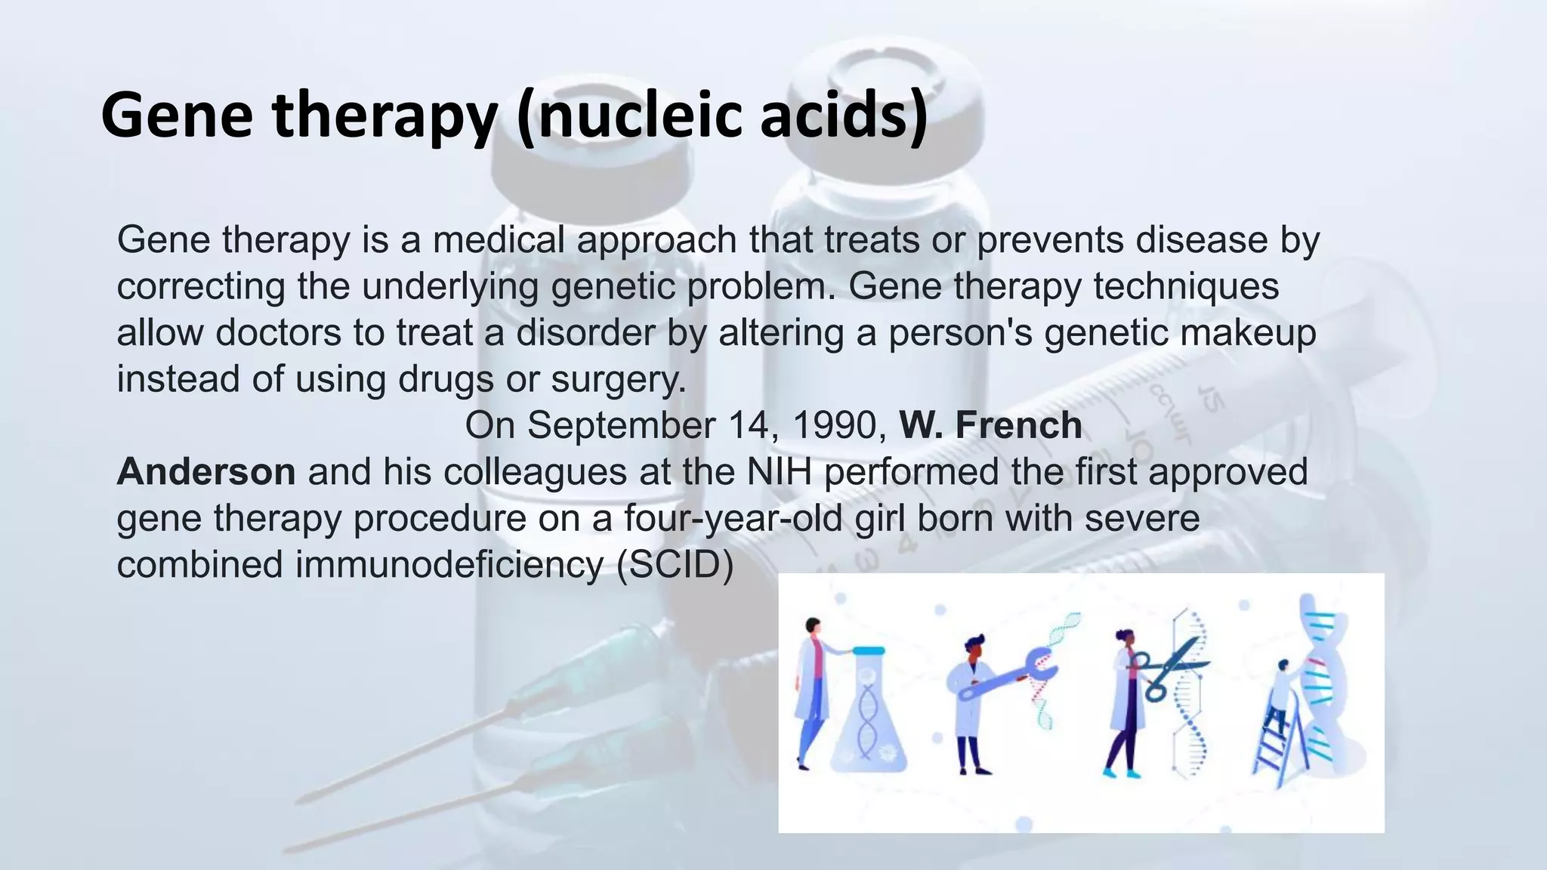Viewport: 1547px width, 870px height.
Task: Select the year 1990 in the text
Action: (x=838, y=425)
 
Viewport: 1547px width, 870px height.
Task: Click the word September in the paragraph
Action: (x=620, y=425)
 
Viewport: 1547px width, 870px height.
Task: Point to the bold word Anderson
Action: (x=205, y=472)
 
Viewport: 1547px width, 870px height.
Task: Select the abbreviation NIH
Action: (x=779, y=472)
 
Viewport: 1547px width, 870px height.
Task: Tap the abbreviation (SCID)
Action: (x=675, y=565)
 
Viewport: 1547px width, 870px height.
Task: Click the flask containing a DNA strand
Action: (x=869, y=717)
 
